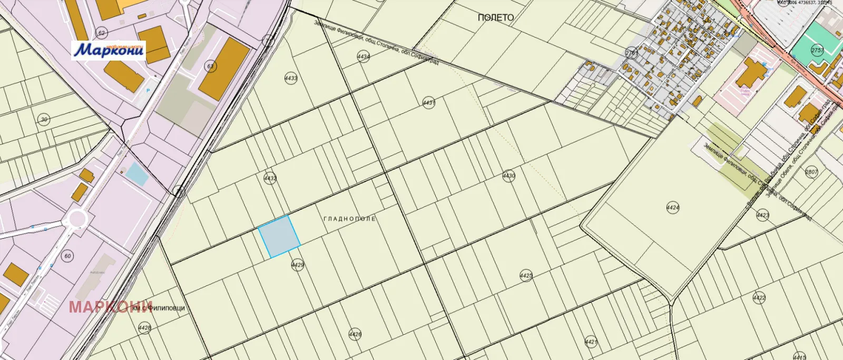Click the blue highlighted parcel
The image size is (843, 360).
pos(279,237)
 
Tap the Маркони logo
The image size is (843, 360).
pos(109,50)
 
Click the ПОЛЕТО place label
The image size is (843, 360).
pos(495,17)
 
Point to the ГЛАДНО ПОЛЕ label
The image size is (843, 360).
pos(349,218)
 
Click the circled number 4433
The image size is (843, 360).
pos(291,78)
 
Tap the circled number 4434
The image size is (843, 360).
pos(363,57)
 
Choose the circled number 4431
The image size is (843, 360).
pos(429,103)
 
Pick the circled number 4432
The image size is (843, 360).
pos(270,178)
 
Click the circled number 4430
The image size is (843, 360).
pos(508,176)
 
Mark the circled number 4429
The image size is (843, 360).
pos(298,265)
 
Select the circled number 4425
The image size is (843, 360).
pos(526,276)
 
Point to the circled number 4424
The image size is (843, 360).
pos(673,207)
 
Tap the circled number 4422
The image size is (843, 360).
pos(759,298)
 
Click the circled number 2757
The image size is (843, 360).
pos(817,50)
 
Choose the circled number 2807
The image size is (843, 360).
pos(811,172)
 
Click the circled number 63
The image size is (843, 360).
pos(211,66)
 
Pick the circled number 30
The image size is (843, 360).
pos(44,120)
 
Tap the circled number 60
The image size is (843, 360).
pos(67,256)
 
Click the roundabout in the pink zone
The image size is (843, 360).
pos(77,218)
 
